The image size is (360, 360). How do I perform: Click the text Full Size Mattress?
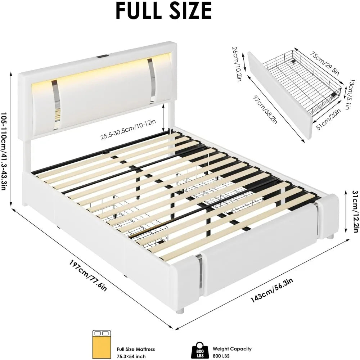[x=136, y=349]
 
